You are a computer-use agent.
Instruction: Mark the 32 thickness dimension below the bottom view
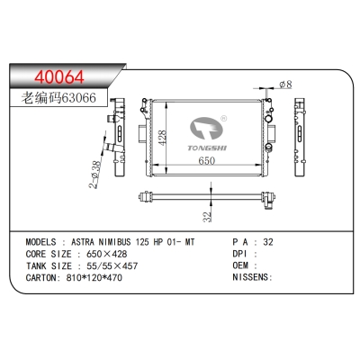[208, 217]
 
